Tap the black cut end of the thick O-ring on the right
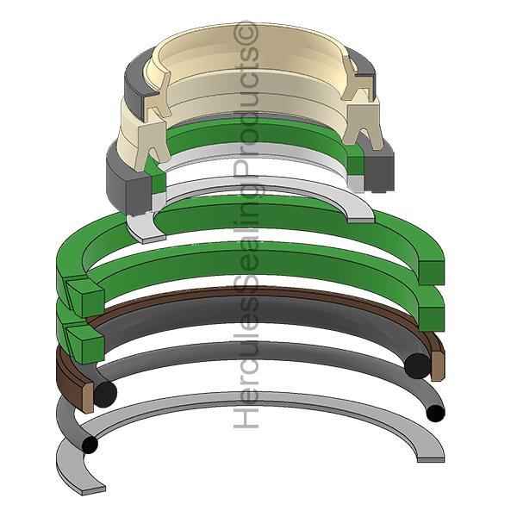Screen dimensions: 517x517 click(x=417, y=366)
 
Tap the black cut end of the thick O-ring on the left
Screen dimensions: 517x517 click(x=105, y=394)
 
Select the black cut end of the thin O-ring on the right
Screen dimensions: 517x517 click(x=435, y=414)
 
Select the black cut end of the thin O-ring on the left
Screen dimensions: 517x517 click(x=90, y=445)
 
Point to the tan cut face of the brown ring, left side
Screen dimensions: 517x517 click(x=87, y=396)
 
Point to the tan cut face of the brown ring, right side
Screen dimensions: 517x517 click(x=437, y=365)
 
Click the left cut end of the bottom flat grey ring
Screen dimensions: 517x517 click(x=93, y=489)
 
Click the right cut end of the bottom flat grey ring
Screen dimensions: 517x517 click(x=430, y=459)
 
